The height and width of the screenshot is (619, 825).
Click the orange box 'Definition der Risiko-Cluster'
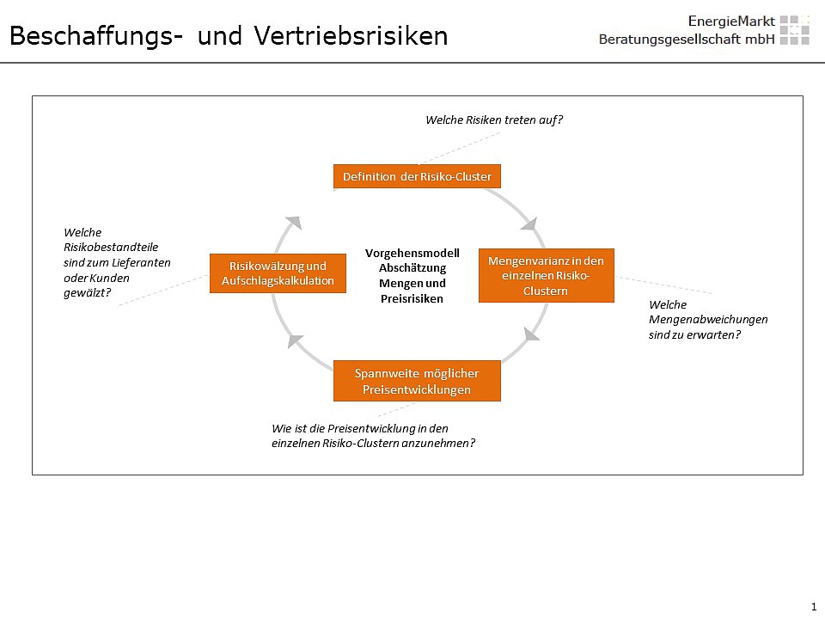click(417, 176)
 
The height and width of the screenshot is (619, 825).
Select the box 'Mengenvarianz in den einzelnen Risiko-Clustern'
click(547, 275)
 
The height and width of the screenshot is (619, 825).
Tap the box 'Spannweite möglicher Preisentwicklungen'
click(417, 381)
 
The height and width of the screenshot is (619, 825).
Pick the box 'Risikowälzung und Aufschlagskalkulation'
click(278, 273)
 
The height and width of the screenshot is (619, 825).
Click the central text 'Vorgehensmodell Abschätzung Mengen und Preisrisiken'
click(412, 276)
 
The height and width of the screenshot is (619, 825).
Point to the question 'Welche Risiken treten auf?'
click(494, 120)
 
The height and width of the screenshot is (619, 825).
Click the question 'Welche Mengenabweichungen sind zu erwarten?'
click(707, 320)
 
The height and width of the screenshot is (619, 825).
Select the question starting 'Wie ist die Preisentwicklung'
click(373, 436)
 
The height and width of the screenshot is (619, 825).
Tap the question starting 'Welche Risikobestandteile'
click(117, 262)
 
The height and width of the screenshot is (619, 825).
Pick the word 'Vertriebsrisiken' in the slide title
click(351, 36)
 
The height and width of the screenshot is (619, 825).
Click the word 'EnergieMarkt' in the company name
click(731, 21)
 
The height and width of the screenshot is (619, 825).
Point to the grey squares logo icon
click(794, 30)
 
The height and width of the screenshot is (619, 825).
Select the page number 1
click(814, 606)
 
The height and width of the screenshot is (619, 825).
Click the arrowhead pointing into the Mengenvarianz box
click(529, 224)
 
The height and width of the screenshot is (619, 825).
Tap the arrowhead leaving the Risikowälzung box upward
click(294, 222)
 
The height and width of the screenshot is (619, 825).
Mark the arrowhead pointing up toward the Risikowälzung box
click(296, 340)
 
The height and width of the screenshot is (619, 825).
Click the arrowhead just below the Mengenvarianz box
click(532, 334)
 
